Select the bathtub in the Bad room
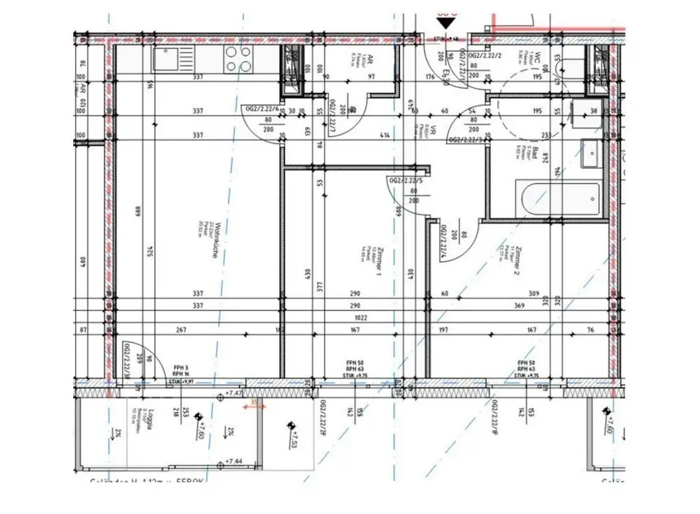[560, 200]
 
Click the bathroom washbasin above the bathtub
[591, 153]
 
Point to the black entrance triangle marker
[445, 23]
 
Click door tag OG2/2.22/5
[403, 181]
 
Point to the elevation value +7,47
[234, 395]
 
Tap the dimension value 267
[181, 330]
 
